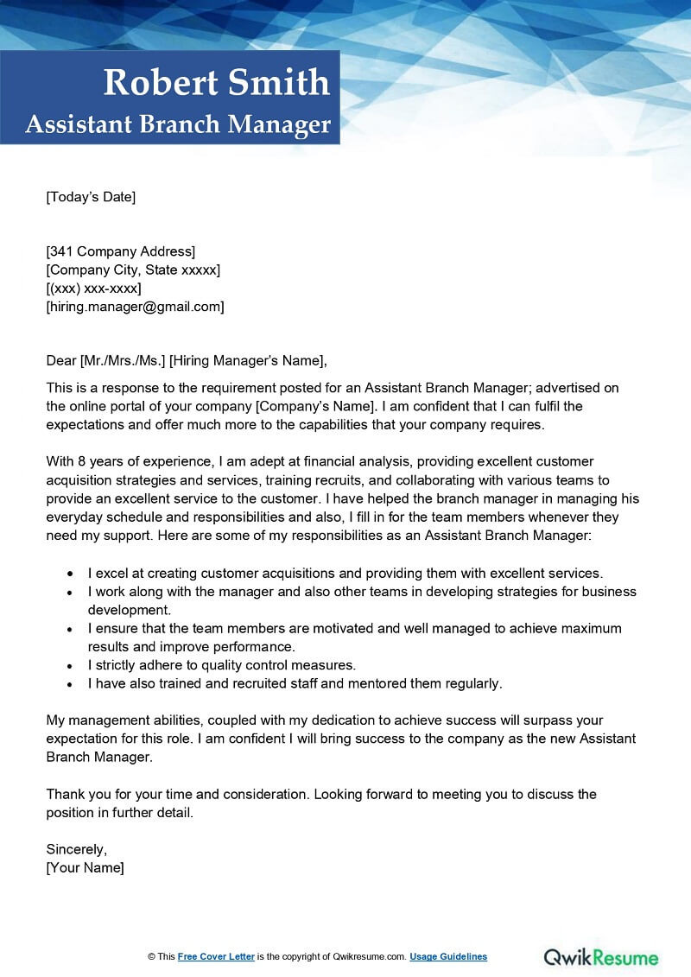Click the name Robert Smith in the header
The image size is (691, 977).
click(x=216, y=83)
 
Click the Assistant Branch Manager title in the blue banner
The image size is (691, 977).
click(x=178, y=124)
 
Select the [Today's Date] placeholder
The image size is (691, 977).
click(x=91, y=197)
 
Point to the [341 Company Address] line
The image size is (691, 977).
click(x=121, y=251)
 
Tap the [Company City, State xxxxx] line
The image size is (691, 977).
click(x=133, y=270)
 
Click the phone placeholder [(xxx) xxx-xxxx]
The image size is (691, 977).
click(x=93, y=288)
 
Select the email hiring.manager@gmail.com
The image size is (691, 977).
click(x=135, y=306)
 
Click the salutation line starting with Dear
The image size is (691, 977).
click(x=187, y=360)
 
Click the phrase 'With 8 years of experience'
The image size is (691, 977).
click(x=124, y=461)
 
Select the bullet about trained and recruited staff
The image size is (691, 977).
click(x=294, y=683)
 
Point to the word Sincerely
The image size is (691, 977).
click(x=76, y=849)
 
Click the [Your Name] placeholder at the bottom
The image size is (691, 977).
click(x=85, y=867)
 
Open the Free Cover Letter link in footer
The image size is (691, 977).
click(x=216, y=956)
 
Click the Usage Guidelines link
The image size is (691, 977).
click(x=448, y=956)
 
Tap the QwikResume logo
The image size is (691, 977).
click(x=600, y=956)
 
